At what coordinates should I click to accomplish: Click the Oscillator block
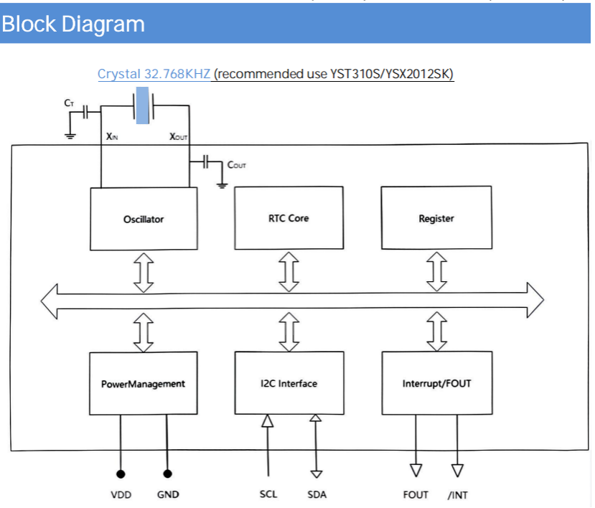(x=144, y=219)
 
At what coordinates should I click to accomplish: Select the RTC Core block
(x=289, y=217)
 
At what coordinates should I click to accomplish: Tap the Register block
(x=436, y=218)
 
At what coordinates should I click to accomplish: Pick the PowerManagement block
(x=143, y=383)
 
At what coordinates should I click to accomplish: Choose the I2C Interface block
(x=289, y=383)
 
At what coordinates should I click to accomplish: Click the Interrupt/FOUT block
(x=436, y=383)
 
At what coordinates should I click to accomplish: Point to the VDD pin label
(x=121, y=494)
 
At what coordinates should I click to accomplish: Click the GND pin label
(x=168, y=494)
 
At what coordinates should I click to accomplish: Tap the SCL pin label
(x=268, y=494)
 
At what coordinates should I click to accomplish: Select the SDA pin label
(x=317, y=494)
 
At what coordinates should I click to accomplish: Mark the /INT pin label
(x=457, y=494)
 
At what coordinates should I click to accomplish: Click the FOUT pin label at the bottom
(x=416, y=494)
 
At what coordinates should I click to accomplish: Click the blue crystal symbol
(x=145, y=106)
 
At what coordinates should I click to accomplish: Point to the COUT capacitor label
(x=237, y=165)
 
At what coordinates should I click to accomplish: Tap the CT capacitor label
(x=69, y=103)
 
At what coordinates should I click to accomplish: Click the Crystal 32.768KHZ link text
(x=154, y=74)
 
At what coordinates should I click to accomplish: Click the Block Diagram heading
(x=73, y=24)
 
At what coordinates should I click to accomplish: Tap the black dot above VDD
(x=121, y=474)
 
